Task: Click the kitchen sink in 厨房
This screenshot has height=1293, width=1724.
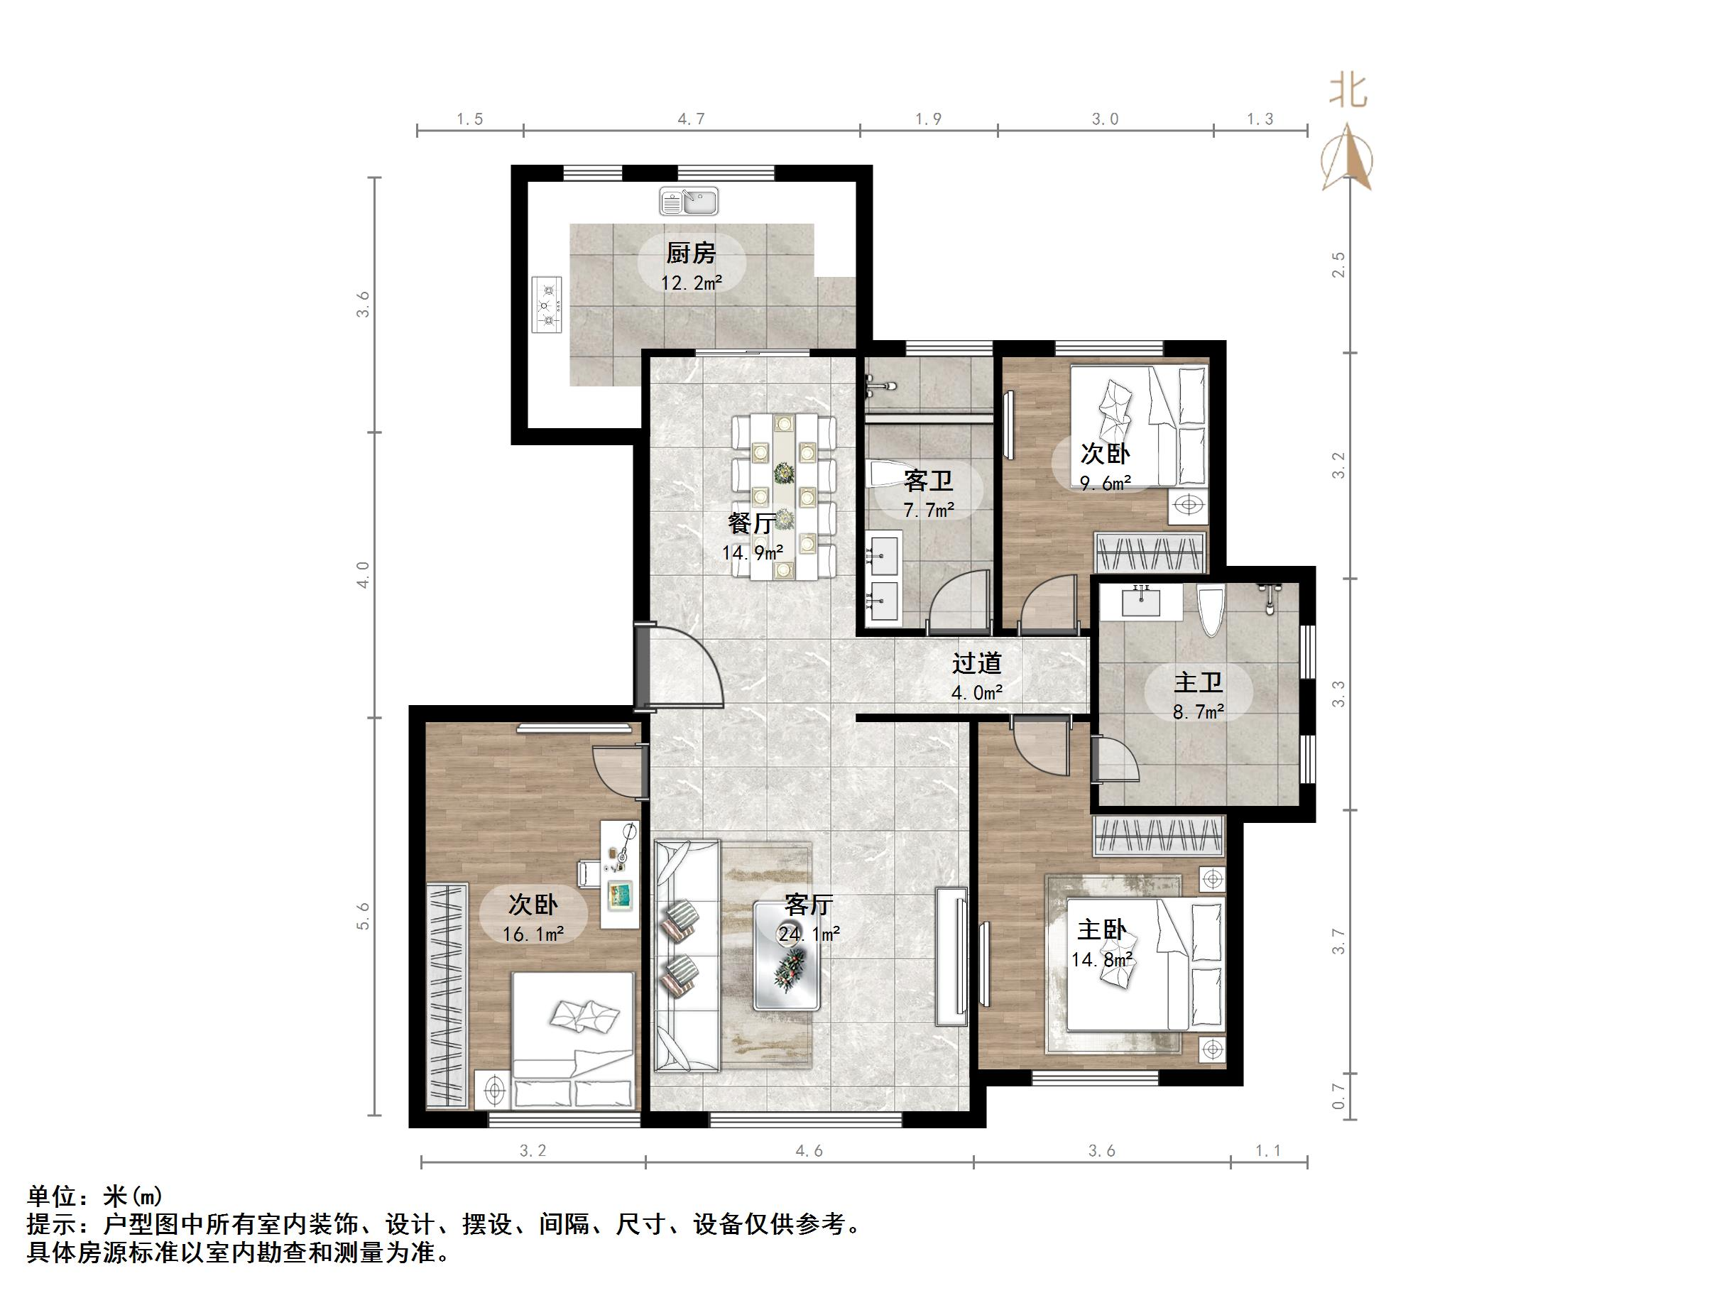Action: click(688, 201)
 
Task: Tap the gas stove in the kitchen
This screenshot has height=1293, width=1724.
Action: click(547, 305)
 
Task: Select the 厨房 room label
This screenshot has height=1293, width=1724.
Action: click(691, 253)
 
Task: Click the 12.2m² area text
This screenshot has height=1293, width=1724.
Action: click(692, 283)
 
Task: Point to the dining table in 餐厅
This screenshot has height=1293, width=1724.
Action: click(784, 497)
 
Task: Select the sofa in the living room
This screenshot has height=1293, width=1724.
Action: click(686, 955)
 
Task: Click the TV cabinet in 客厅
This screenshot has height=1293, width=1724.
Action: click(952, 955)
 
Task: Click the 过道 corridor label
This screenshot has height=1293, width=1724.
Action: click(976, 663)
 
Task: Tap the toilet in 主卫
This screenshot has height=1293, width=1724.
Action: click(1211, 609)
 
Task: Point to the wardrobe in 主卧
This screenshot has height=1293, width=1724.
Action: click(1159, 836)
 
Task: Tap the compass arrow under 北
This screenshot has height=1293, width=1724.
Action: click(1348, 158)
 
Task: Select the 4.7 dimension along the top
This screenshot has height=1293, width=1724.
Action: click(691, 119)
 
